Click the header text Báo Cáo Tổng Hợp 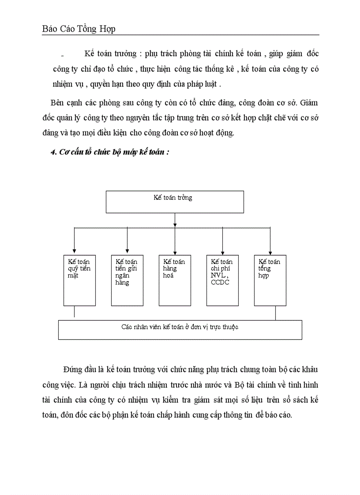[x=79, y=29]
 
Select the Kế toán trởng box [x=175, y=201]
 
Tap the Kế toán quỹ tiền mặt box [x=79, y=280]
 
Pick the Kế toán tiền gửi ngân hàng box [x=127, y=280]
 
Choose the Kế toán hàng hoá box [x=175, y=280]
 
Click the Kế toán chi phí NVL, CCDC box [x=222, y=280]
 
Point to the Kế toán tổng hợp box [x=270, y=280]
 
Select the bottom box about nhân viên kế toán [x=180, y=329]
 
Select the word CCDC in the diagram [x=220, y=283]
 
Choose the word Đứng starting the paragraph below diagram [x=74, y=368]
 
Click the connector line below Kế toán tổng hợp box [x=276, y=313]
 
